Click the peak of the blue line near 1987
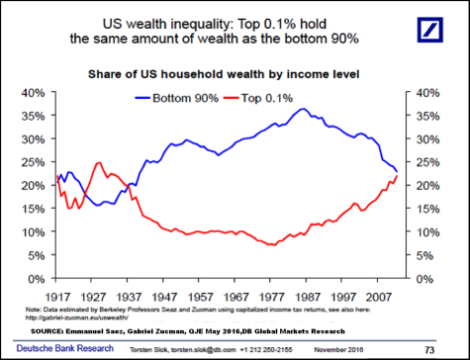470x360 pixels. (304, 109)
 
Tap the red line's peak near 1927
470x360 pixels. (99, 162)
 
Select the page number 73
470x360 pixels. (455, 349)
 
